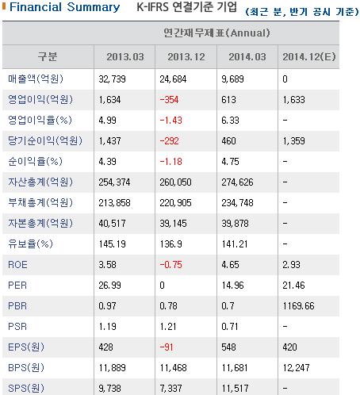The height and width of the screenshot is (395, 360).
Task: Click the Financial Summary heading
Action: [65, 7]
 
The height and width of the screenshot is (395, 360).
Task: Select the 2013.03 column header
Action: [125, 57]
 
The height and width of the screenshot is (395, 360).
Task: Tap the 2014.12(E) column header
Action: [309, 57]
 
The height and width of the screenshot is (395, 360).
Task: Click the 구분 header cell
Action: [48, 57]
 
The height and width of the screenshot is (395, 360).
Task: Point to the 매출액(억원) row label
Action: [36, 79]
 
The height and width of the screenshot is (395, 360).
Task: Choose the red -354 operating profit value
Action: [169, 100]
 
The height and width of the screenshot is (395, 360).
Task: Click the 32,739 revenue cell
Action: [112, 79]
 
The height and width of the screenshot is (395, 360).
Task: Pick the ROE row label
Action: [17, 265]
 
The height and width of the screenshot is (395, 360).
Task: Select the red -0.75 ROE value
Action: [170, 265]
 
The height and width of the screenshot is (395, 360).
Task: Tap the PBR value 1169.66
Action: [298, 306]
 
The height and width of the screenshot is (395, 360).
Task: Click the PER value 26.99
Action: [109, 286]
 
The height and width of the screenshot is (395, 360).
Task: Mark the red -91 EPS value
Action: [167, 347]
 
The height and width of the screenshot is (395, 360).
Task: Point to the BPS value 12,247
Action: [296, 368]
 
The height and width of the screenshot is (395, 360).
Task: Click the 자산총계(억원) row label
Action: [40, 182]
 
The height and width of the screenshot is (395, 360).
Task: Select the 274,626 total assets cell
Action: [237, 182]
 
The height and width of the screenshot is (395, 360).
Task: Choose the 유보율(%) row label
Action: [30, 244]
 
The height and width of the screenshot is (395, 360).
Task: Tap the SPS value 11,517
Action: [235, 389]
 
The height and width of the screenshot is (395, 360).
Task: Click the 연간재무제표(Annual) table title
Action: [216, 33]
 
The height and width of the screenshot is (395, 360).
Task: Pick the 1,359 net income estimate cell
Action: [293, 141]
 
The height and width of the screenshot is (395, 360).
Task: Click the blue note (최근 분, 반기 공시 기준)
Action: [302, 12]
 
